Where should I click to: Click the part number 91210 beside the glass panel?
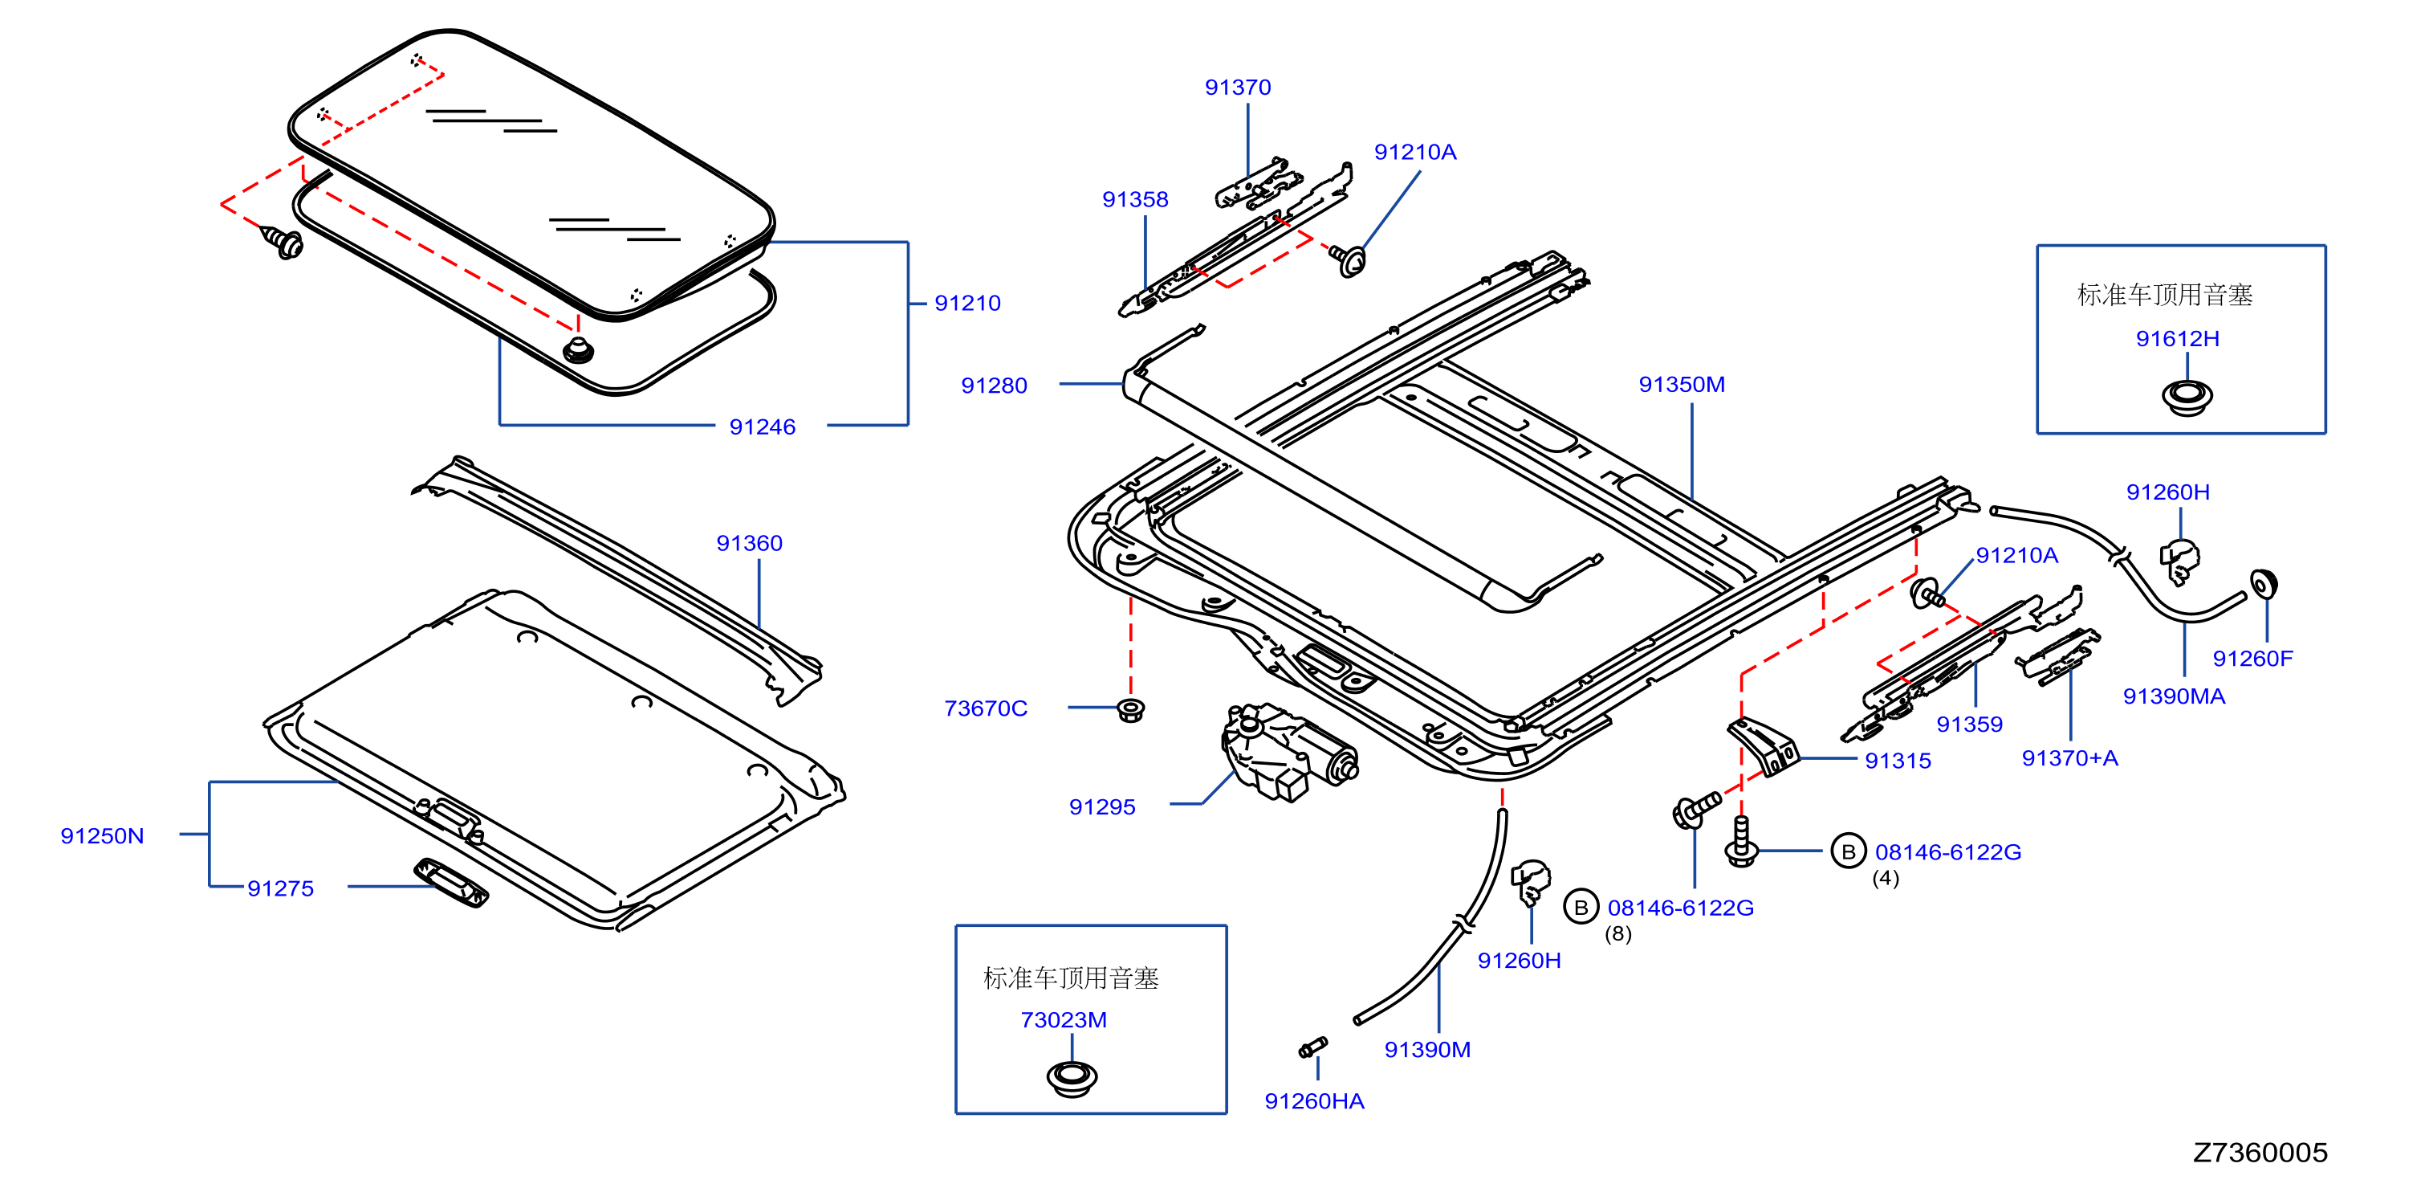pyautogui.click(x=967, y=304)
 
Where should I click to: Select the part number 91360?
pyautogui.click(x=749, y=543)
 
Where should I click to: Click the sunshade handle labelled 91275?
pyautogui.click(x=451, y=883)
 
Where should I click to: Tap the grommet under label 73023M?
pyautogui.click(x=1072, y=1078)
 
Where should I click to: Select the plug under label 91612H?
pyautogui.click(x=2186, y=397)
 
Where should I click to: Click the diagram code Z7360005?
pyautogui.click(x=2260, y=1153)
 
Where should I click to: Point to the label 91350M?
pyautogui.click(x=1682, y=385)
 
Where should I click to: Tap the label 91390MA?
pyautogui.click(x=2174, y=696)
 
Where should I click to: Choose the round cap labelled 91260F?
pyautogui.click(x=2263, y=584)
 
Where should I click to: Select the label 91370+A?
pyautogui.click(x=2069, y=758)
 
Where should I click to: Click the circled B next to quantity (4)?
pyautogui.click(x=1848, y=851)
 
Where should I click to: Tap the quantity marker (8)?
pyautogui.click(x=1617, y=934)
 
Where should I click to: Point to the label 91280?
pyautogui.click(x=994, y=386)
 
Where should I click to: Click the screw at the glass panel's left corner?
pyautogui.click(x=282, y=243)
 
